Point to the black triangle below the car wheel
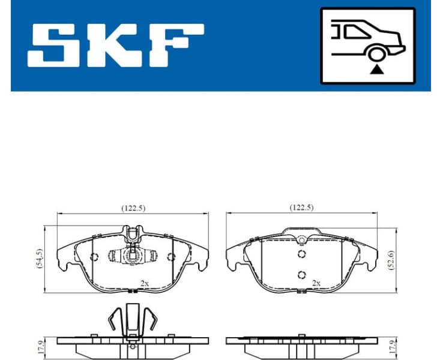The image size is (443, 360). [376, 70]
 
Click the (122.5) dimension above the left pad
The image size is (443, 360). [133, 208]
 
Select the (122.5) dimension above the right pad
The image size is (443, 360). [301, 208]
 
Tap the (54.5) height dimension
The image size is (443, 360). [40, 259]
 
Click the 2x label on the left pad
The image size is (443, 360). [145, 282]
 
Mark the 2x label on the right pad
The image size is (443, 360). [316, 282]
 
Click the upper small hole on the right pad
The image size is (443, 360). [301, 254]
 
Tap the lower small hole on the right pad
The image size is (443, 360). [301, 275]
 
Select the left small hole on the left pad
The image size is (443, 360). [94, 257]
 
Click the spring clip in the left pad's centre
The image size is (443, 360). [132, 256]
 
